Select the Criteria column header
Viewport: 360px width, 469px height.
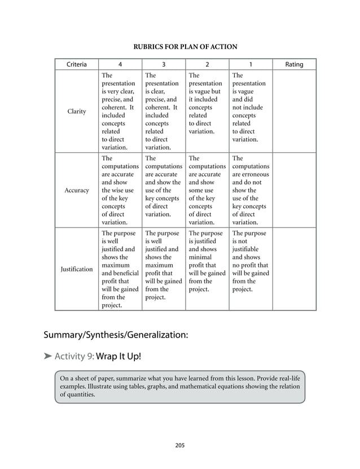coord(76,64)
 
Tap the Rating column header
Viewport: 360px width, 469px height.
coord(294,64)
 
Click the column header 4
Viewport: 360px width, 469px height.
coord(119,64)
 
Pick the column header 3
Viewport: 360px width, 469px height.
coord(163,64)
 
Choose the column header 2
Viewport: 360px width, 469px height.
coord(207,64)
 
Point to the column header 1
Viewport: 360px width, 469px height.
coord(251,64)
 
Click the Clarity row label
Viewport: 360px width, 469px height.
coord(76,111)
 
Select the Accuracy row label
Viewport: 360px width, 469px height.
coord(76,190)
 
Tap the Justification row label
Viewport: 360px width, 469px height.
coord(76,269)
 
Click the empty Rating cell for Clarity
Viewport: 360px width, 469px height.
coord(294,111)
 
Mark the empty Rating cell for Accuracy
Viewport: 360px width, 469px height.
coord(294,190)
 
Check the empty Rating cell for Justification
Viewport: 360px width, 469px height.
coord(294,269)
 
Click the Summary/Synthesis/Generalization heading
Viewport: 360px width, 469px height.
coord(116,335)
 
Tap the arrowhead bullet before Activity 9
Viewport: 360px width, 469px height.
coord(48,357)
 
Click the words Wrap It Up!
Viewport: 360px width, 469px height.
coord(118,357)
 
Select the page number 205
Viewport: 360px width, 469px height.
coord(180,445)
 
